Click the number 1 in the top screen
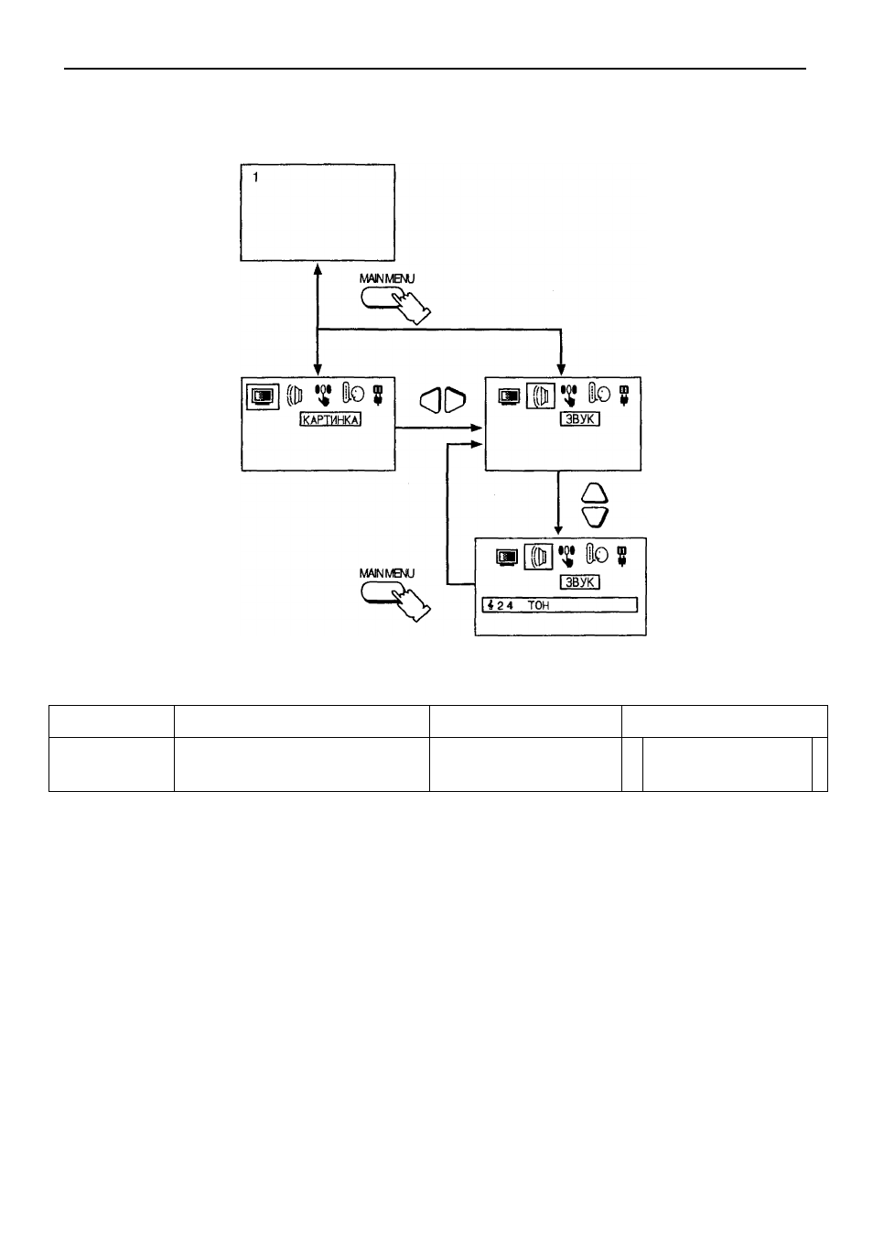coord(255,177)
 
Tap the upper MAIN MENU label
coord(386,278)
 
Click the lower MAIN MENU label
coord(386,573)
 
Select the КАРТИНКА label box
coord(330,419)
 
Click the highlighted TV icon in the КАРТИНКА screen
coord(263,396)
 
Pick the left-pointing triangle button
coord(431,400)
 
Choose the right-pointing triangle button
coord(455,400)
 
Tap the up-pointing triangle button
coord(595,493)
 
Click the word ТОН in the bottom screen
coord(538,605)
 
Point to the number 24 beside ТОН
coord(504,605)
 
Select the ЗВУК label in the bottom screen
coord(579,582)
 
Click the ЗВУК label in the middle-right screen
coord(579,418)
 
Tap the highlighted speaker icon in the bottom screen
coord(538,557)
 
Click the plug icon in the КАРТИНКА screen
coord(378,395)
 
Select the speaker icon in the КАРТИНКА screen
coord(295,396)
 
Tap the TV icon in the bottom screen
coord(507,558)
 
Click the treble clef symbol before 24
coord(490,605)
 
